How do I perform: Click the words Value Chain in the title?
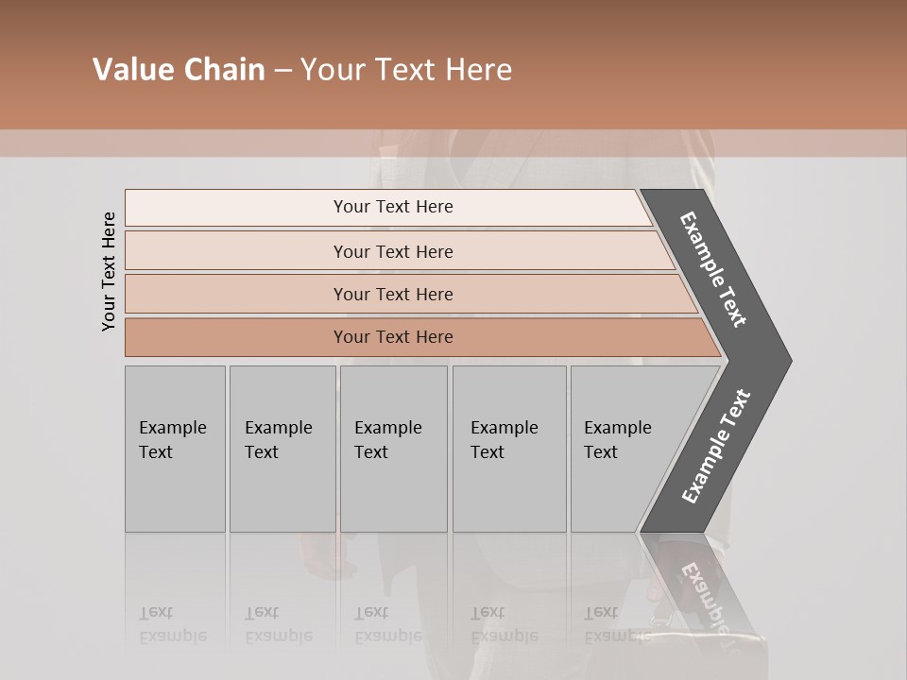[x=179, y=70]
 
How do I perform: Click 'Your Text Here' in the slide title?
[x=406, y=70]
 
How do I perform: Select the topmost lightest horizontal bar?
[x=392, y=207]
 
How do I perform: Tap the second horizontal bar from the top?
[x=392, y=251]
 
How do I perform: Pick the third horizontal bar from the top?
[x=392, y=294]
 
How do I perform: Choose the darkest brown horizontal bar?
[x=392, y=337]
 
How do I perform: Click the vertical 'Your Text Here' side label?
[x=109, y=271]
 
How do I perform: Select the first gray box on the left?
[x=175, y=449]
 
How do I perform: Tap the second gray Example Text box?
[x=282, y=449]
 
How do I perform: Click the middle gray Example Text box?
[x=393, y=449]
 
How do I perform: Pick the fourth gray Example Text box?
[x=509, y=449]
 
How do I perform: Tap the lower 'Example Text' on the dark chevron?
[x=716, y=446]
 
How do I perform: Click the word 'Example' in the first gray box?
[x=172, y=428]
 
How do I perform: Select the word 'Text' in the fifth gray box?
[x=601, y=452]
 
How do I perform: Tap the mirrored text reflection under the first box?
[x=172, y=624]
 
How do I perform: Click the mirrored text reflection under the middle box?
[x=387, y=624]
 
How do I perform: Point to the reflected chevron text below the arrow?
[x=704, y=595]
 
